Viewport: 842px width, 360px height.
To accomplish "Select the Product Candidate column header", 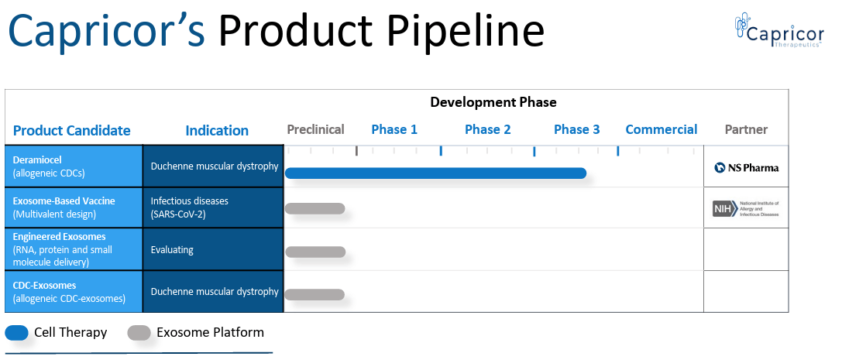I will click(x=72, y=130).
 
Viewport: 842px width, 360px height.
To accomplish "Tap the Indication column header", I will click(x=217, y=130).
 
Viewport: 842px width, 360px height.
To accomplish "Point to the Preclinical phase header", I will click(x=315, y=129).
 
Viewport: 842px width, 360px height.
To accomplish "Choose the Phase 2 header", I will click(x=487, y=129).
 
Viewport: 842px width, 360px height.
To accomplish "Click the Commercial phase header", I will click(x=661, y=129).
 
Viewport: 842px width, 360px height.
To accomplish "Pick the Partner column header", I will click(x=746, y=129).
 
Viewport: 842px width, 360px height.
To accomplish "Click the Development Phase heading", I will click(x=493, y=102).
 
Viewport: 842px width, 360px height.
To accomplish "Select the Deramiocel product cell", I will click(x=74, y=166).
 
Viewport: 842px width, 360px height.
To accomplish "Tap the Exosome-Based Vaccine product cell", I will click(x=74, y=207).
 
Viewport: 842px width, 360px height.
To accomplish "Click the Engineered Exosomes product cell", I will click(x=74, y=249).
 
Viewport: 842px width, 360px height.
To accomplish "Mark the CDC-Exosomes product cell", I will click(x=74, y=292).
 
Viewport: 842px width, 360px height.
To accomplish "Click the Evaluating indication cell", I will click(x=214, y=250).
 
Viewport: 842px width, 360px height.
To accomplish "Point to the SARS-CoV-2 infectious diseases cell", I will click(x=214, y=207).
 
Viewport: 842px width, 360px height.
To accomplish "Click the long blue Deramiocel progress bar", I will click(x=435, y=173).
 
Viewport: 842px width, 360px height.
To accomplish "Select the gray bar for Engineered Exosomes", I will click(x=315, y=252).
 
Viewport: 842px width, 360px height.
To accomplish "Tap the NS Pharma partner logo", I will click(x=746, y=167).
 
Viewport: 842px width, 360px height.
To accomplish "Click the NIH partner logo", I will click(x=746, y=208).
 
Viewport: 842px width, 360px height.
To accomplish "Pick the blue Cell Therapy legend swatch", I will click(x=16, y=333).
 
